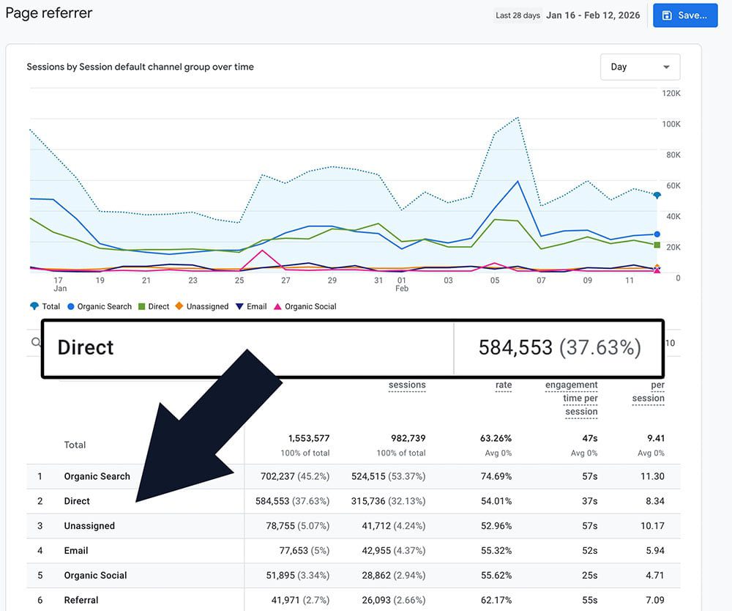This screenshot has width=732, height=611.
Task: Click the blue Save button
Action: [684, 15]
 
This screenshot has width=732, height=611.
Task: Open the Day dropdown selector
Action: [640, 67]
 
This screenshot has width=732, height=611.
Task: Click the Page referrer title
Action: [49, 12]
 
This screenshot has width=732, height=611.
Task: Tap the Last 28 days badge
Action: [518, 15]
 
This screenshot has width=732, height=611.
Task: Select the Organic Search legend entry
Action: [104, 306]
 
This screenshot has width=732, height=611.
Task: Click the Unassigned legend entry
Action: [207, 306]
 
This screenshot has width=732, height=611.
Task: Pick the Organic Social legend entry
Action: [310, 306]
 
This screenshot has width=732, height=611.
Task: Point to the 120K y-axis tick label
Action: [671, 94]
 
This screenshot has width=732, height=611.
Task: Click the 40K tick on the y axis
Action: [671, 217]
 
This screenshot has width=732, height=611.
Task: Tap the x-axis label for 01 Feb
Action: [402, 284]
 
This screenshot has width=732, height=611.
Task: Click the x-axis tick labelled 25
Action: [239, 281]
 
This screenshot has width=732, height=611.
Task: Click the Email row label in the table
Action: [76, 550]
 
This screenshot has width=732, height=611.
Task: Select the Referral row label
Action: [81, 600]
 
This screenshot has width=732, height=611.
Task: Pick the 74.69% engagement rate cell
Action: [494, 476]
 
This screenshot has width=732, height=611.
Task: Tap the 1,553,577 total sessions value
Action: [309, 438]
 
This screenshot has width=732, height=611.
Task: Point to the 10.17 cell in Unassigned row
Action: [651, 525]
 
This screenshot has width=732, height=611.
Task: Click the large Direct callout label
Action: [86, 347]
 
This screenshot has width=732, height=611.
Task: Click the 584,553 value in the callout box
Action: [515, 347]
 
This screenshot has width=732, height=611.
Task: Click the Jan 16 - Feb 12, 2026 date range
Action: [593, 15]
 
